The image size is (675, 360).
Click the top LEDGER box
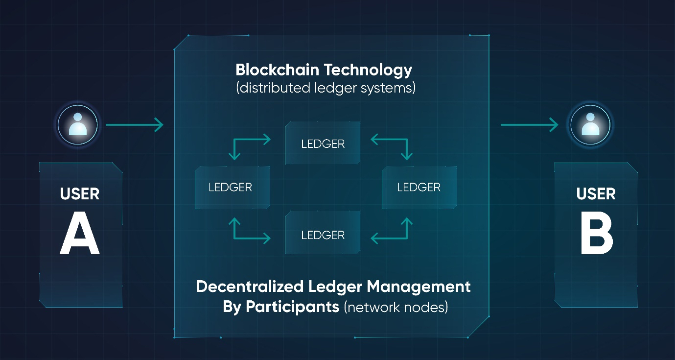click(x=323, y=144)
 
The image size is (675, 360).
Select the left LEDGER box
click(x=232, y=187)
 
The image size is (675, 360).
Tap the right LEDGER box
click(x=419, y=187)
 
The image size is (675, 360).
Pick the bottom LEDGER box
click(x=323, y=235)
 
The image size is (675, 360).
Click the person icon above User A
click(x=78, y=125)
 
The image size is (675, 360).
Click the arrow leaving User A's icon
click(x=134, y=125)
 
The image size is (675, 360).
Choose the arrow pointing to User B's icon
click(x=529, y=125)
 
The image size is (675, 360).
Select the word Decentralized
click(x=250, y=287)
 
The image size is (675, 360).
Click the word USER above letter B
click(x=596, y=194)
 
